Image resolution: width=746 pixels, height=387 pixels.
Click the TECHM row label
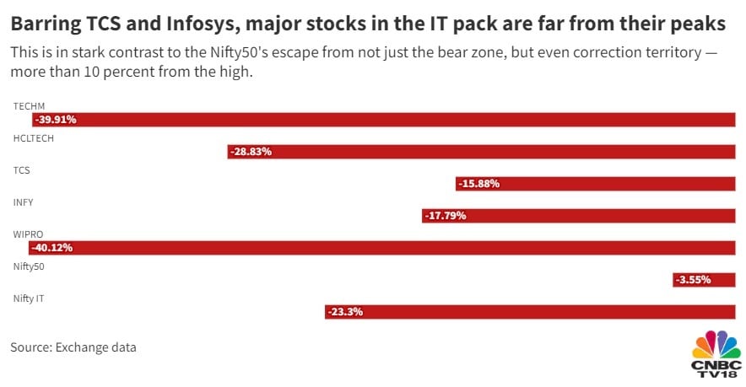click(29, 106)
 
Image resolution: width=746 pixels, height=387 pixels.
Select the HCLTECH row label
click(34, 138)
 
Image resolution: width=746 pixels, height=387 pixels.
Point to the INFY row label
click(24, 202)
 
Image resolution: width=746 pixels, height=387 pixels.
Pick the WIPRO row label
click(29, 234)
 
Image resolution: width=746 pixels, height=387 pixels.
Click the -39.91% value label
click(56, 120)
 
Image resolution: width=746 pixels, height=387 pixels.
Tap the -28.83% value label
click(251, 152)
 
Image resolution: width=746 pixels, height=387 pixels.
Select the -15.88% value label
click(478, 184)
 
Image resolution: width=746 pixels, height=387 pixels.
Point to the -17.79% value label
click(445, 216)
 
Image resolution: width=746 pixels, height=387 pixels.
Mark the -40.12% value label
click(51, 248)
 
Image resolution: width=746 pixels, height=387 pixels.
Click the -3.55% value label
click(693, 280)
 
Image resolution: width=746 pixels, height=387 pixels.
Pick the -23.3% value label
click(345, 312)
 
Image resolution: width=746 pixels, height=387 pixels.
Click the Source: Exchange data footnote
click(73, 347)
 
